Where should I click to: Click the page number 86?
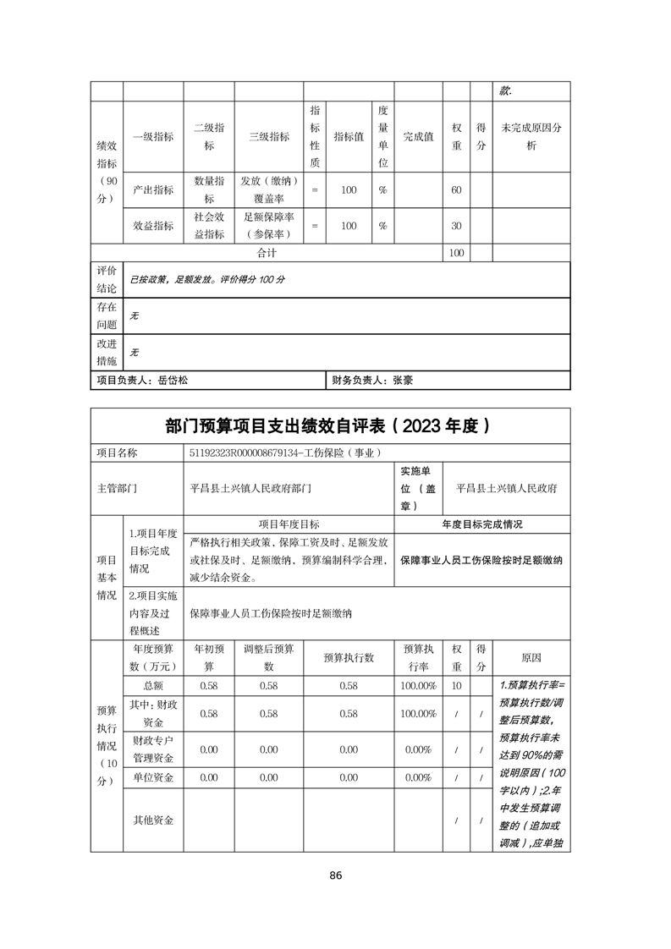tap(336, 875)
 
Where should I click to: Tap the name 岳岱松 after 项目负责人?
tap(173, 381)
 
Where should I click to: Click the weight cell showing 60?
tap(456, 190)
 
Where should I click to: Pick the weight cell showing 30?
tap(456, 226)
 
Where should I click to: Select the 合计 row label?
tap(267, 253)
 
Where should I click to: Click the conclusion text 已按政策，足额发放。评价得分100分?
tap(206, 278)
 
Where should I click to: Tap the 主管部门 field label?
tap(118, 488)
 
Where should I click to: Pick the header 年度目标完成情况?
tap(482, 524)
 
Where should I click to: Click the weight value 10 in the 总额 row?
tap(456, 685)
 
